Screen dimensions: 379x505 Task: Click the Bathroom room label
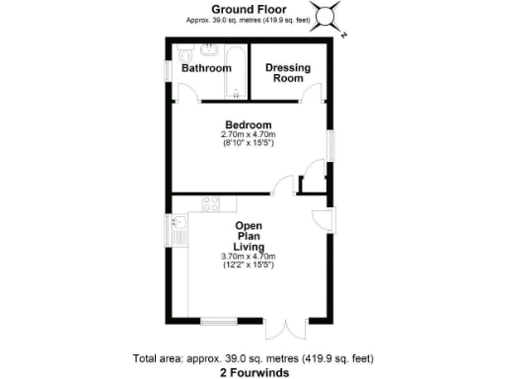tap(205, 68)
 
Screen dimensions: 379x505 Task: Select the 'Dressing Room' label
tap(288, 72)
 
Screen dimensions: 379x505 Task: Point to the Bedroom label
tap(248, 124)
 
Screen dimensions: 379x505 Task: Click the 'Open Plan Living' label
tap(248, 236)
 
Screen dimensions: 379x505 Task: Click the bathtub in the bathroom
tap(233, 70)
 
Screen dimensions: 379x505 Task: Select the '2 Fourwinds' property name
tap(252, 373)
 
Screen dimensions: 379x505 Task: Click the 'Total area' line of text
tap(252, 358)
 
